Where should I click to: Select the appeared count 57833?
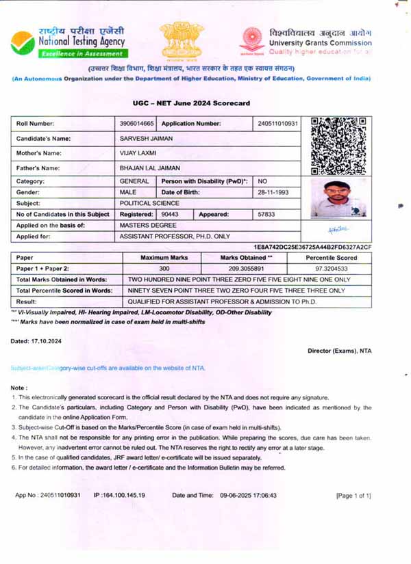coord(269,214)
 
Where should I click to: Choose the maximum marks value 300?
coord(164,269)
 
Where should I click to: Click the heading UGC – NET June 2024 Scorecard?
coord(191,103)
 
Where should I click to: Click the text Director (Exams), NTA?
coord(339,351)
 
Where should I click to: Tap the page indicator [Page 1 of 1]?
coord(353,494)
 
